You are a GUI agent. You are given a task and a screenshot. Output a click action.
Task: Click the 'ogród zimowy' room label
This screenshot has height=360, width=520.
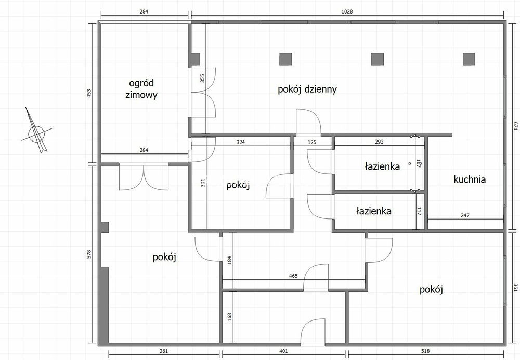141,89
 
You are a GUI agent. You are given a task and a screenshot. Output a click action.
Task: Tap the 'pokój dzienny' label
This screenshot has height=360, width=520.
307,89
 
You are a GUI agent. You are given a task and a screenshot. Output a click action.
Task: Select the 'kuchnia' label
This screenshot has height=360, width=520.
470,179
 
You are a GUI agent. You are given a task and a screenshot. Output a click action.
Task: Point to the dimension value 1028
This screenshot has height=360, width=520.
347,11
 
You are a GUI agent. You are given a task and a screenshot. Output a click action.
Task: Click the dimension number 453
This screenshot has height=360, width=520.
89,93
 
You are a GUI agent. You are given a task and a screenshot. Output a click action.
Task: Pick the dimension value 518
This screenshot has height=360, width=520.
425,351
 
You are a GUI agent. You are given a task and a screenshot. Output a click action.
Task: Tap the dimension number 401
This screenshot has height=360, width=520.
283,351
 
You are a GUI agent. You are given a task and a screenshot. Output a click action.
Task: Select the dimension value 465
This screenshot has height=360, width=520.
293,276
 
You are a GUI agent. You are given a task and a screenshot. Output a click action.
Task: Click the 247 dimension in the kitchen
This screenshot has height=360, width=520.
465,215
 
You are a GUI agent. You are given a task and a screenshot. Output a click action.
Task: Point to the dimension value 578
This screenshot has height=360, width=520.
89,254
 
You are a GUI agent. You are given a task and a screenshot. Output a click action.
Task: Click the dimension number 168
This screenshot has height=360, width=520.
230,317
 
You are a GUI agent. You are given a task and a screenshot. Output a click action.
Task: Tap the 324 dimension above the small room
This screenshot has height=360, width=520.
241,142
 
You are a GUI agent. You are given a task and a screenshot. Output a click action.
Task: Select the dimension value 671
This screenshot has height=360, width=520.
515,126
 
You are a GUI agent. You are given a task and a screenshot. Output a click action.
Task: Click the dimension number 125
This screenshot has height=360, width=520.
312,143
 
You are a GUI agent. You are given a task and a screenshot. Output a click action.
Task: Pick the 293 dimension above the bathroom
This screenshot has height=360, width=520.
379,142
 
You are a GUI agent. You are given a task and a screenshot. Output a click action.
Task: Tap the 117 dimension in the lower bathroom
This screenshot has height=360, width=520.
419,211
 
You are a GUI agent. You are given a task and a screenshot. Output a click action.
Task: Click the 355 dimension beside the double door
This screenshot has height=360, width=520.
203,78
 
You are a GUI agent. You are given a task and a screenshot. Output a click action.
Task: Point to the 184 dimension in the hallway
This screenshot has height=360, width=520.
230,260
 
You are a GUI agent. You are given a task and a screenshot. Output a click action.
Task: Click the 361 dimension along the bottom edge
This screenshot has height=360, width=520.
164,351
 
